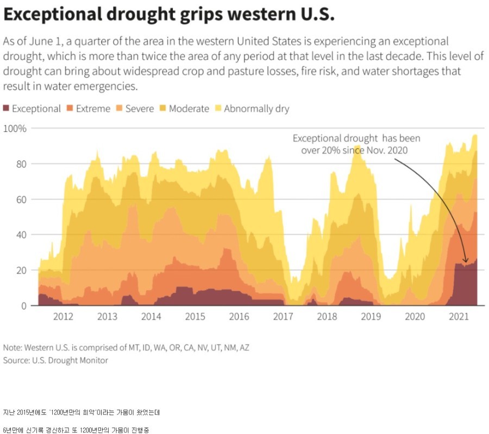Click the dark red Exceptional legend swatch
pyautogui.click(x=7, y=108)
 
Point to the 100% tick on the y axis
pyautogui.click(x=15, y=129)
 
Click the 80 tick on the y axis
pyautogui.click(x=21, y=164)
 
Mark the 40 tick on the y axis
pyautogui.click(x=21, y=235)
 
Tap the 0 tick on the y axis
pyautogui.click(x=23, y=306)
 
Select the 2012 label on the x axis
pyautogui.click(x=63, y=317)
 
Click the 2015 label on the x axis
pyautogui.click(x=195, y=317)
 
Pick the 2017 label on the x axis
pyautogui.click(x=283, y=317)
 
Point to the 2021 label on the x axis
pyautogui.click(x=459, y=317)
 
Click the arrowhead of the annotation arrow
pyautogui.click(x=466, y=262)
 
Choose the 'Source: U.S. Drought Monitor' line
pyautogui.click(x=55, y=360)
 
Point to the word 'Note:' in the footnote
pyautogui.click(x=12, y=347)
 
